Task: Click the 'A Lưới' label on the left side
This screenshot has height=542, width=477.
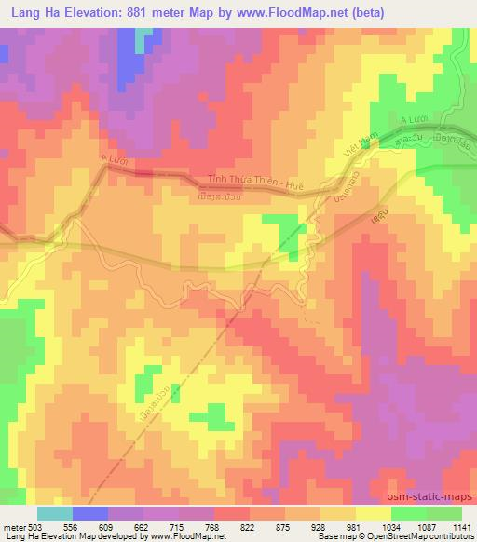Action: pos(113,161)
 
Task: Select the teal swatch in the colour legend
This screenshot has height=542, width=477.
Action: pos(55,513)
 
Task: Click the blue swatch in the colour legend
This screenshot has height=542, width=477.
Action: pos(89,513)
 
